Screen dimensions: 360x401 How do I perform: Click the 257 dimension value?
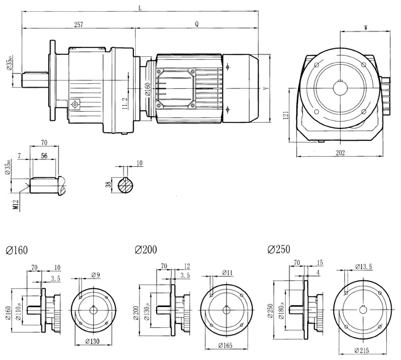78,25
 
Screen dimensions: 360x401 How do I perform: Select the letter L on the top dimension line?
140,7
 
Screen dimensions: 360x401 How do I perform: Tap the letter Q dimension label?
196,25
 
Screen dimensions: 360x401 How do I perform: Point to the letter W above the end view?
366,28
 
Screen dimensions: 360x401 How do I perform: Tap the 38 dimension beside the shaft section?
109,184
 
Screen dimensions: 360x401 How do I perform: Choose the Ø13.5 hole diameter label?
365,267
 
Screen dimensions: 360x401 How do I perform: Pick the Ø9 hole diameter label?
96,274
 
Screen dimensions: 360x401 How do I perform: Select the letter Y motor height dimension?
265,89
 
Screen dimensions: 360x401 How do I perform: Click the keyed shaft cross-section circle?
126,185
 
